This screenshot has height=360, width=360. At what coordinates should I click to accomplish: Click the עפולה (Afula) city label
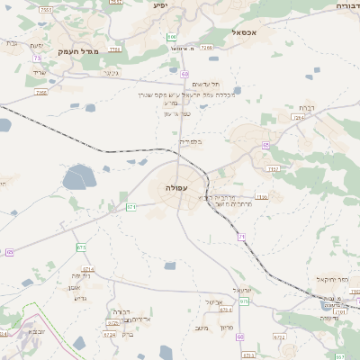coord(175,187)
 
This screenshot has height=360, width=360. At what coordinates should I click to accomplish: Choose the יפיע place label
coord(160,5)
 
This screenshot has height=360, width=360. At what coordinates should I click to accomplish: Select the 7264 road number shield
coord(299,118)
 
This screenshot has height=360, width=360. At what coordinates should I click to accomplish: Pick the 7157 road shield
coord(116,3)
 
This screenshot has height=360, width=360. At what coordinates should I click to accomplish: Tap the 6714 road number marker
coord(88,268)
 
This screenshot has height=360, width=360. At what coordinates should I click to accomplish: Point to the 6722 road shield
coord(279,337)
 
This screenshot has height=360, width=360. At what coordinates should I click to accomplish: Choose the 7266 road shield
coord(207,47)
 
